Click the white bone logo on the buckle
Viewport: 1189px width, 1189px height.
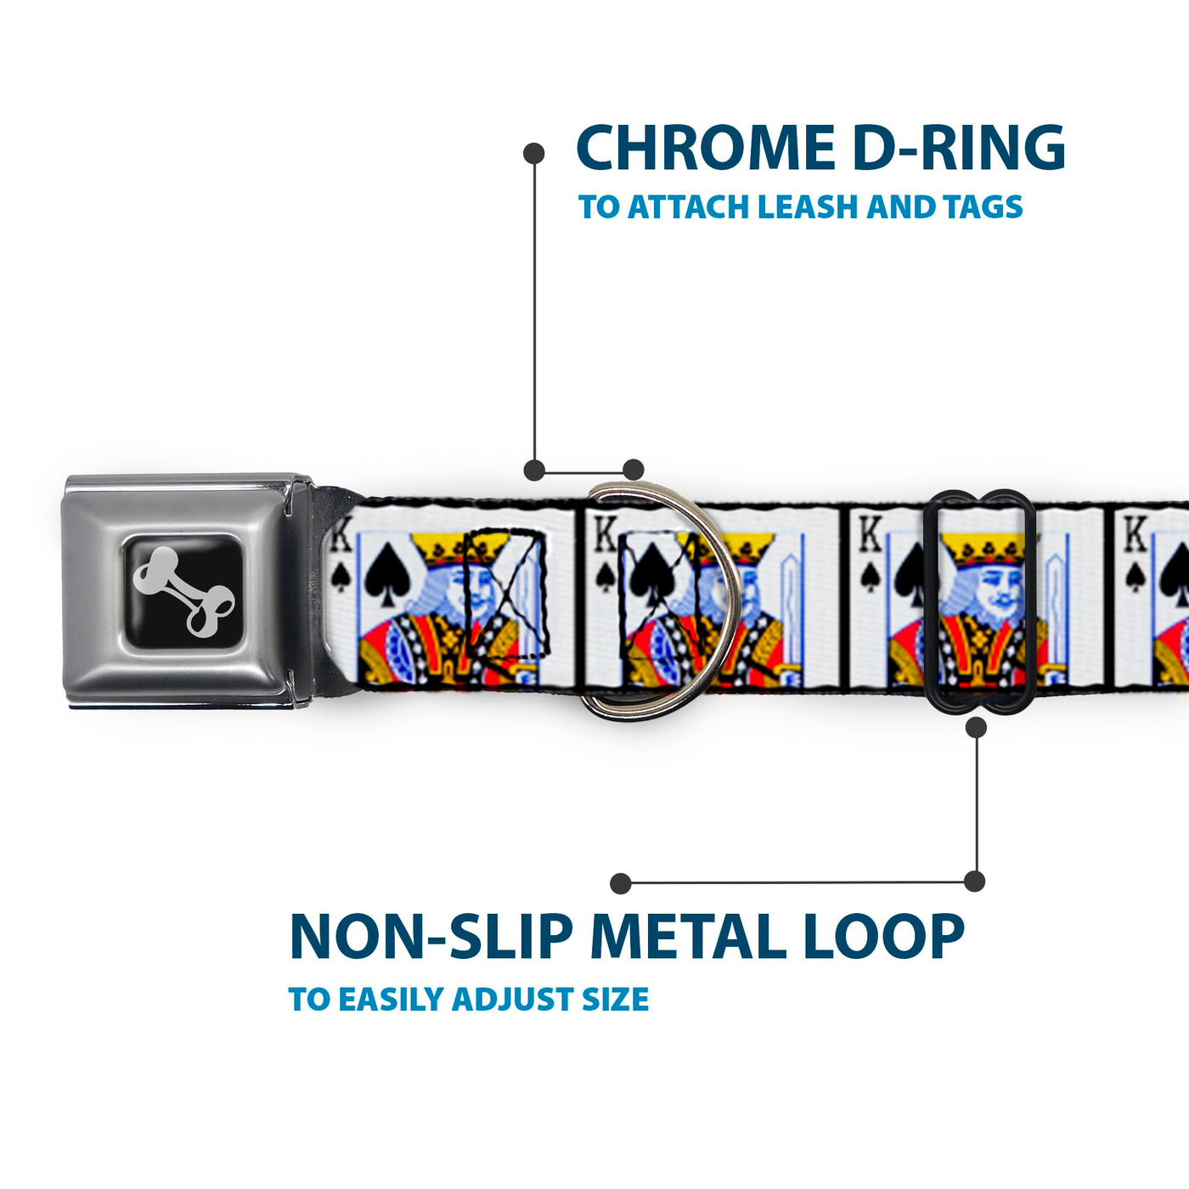(x=183, y=591)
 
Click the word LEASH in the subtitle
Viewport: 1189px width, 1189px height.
(x=808, y=206)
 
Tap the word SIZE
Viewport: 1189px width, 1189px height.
(x=615, y=1000)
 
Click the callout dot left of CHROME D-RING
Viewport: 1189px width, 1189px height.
(x=533, y=154)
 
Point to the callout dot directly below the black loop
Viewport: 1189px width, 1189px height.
(x=976, y=728)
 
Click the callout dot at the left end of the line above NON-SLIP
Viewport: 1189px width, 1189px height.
(x=621, y=883)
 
